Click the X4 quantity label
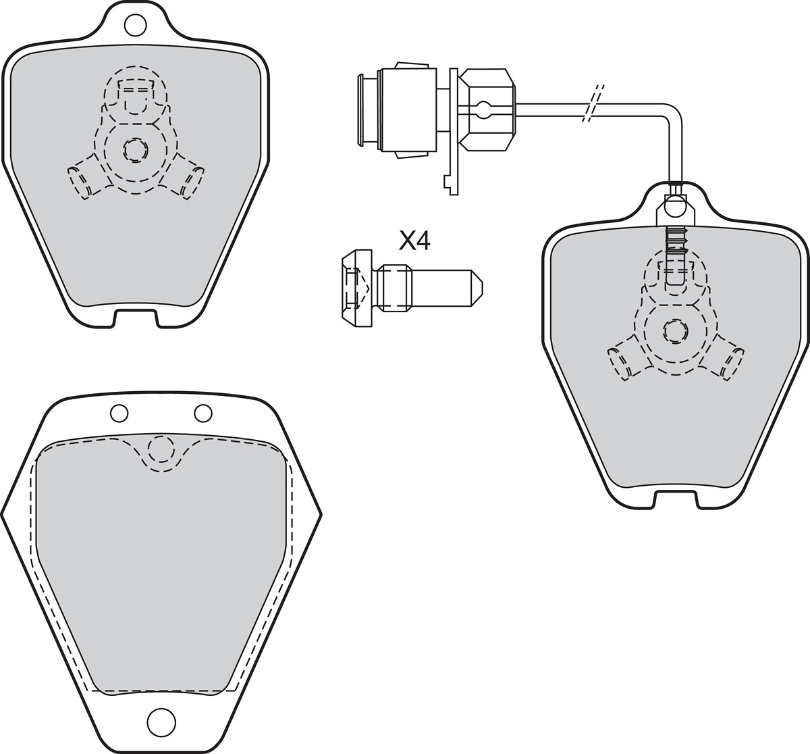414,242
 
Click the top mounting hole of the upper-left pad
135,24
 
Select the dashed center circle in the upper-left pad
135,151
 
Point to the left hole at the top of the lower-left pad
119,413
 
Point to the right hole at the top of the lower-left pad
202,413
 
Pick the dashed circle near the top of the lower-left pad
161,449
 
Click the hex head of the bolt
357,288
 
